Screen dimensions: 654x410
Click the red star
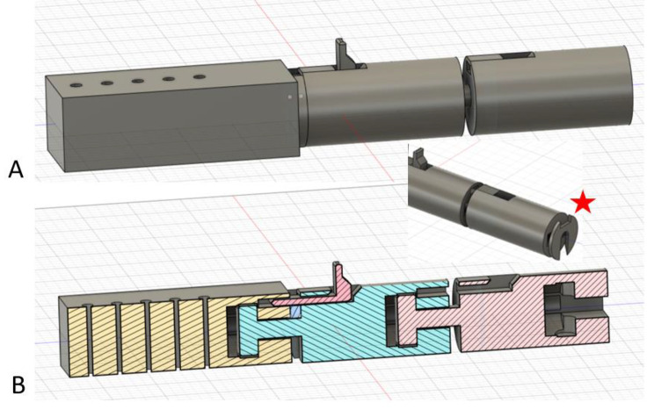[583, 203]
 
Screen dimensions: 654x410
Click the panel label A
[16, 169]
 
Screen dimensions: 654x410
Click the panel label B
[18, 385]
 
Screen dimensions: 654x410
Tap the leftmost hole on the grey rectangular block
[76, 85]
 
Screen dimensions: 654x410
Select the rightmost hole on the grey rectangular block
[200, 77]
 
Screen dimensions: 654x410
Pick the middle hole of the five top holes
[138, 81]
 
